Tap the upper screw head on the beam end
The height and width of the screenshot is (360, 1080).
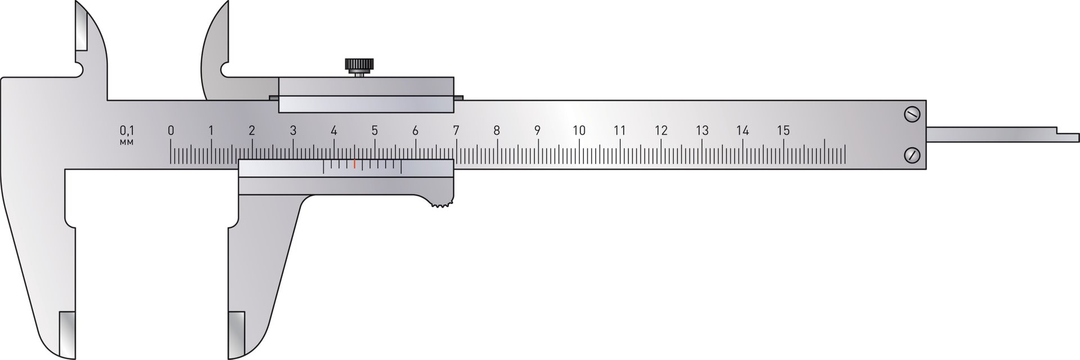(912, 115)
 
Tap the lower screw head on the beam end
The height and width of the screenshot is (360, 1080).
(912, 154)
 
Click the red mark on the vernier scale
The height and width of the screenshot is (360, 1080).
(354, 164)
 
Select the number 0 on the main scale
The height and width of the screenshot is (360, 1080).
(171, 130)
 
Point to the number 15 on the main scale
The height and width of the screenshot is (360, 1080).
(783, 130)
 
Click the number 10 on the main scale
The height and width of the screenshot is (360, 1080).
(579, 130)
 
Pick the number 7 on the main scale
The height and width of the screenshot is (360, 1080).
(456, 130)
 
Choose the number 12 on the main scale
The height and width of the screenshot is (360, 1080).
(661, 130)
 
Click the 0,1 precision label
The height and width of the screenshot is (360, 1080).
(127, 130)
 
